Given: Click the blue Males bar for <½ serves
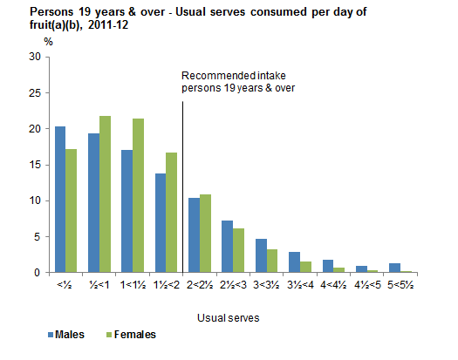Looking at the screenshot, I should pyautogui.click(x=60, y=200).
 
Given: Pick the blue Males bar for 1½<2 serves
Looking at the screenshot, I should pyautogui.click(x=161, y=223).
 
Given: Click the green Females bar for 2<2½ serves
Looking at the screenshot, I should pyautogui.click(x=205, y=234).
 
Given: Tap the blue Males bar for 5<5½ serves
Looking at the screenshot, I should pyautogui.click(x=393, y=268).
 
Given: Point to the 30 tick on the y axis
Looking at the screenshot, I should pyautogui.click(x=35, y=57).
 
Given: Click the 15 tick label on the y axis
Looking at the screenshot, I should pyautogui.click(x=35, y=165).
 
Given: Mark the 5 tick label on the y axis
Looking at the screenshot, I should pyautogui.click(x=38, y=236).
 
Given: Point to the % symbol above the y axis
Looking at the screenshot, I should pyautogui.click(x=48, y=41).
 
